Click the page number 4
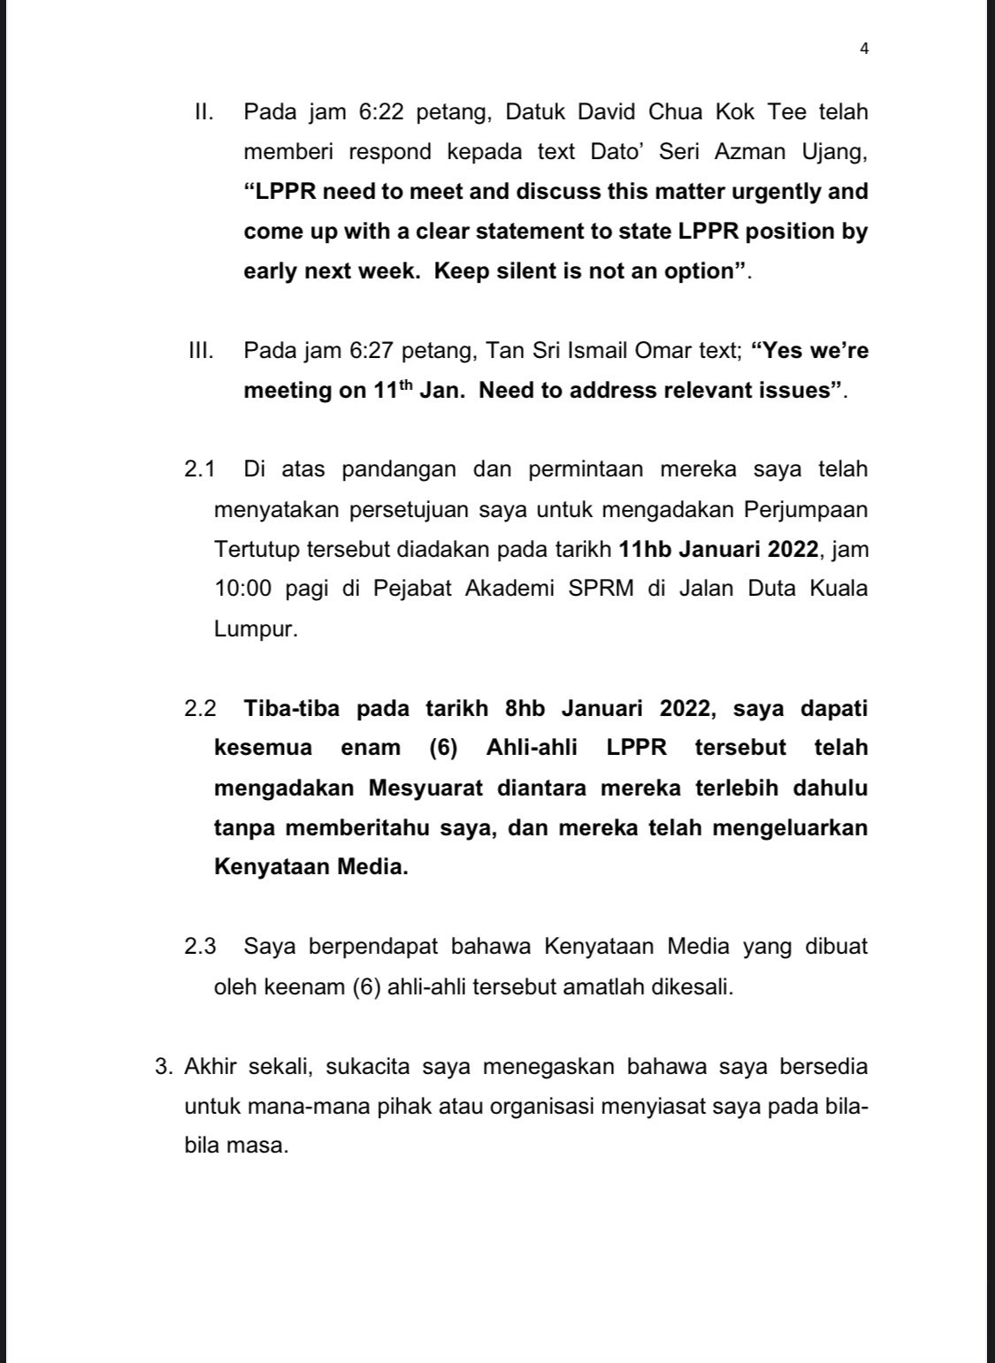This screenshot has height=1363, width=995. pos(864,49)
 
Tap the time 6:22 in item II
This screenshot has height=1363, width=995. pos(380,112)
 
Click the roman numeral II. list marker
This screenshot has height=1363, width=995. pos(207,112)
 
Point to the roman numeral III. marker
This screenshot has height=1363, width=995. pos(202,351)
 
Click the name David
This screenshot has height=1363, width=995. pos(608,112)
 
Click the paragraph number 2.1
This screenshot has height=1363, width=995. pos(200,469)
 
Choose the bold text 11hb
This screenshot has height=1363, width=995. pos(646,549)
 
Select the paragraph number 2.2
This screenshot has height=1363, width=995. pos(200,709)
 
